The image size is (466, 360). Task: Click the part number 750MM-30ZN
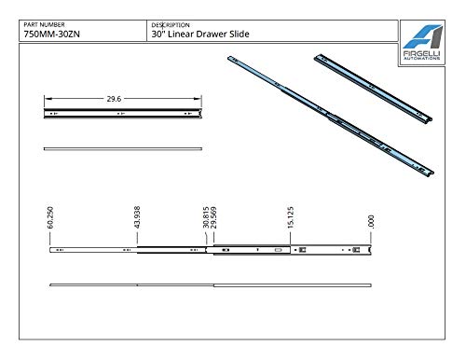point(51,34)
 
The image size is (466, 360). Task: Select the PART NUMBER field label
point(44,24)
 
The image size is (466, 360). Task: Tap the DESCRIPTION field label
point(171,25)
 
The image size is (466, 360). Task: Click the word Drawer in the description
point(212,34)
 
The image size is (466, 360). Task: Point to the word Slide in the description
point(240,34)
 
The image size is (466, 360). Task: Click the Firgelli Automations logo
point(422,42)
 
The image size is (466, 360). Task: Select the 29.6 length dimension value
point(114,99)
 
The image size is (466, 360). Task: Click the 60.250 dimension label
point(50,217)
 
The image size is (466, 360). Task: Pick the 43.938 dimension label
point(137,217)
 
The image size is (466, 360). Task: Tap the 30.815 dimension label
point(206,217)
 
